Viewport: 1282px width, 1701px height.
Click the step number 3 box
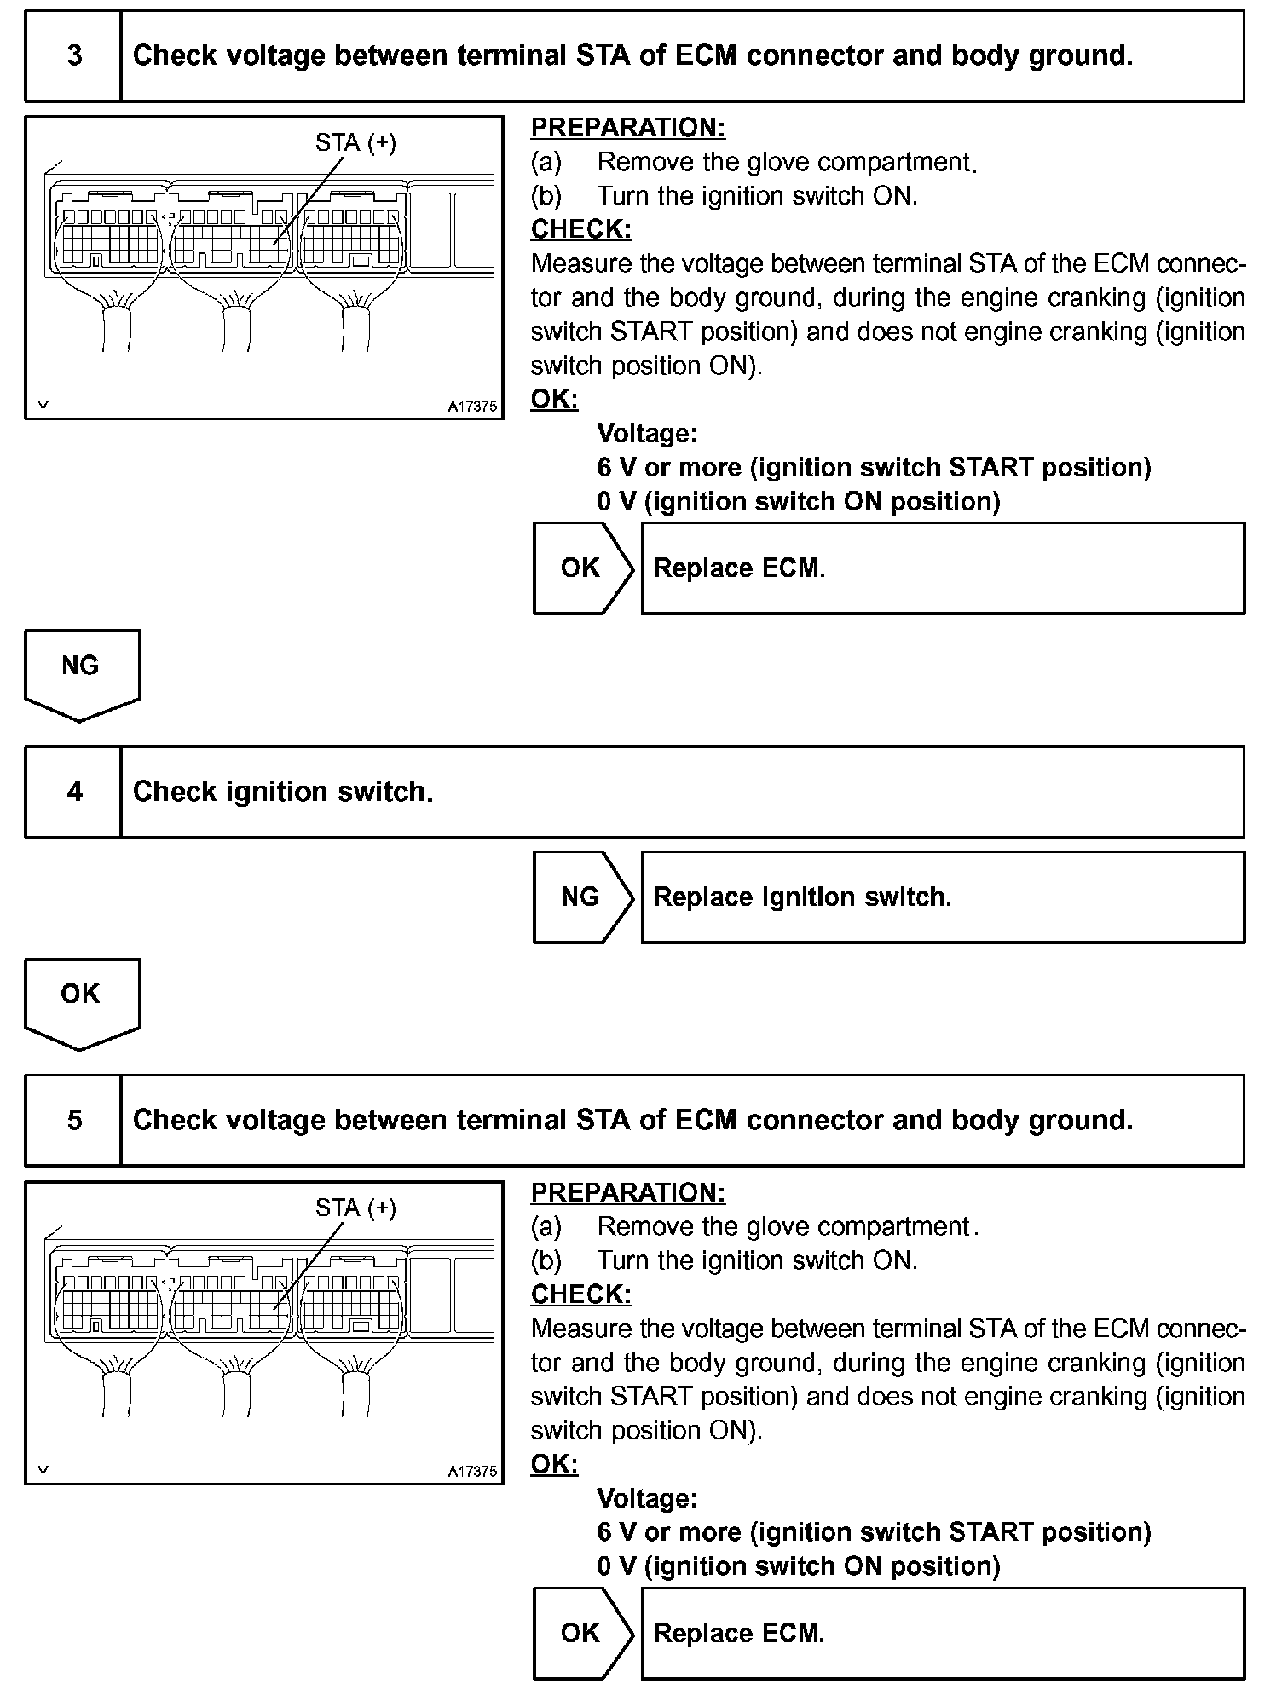coord(74,56)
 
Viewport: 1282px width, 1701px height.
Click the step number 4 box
coord(74,792)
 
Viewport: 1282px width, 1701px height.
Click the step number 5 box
coord(74,1120)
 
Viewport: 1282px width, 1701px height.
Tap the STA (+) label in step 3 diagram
coord(355,143)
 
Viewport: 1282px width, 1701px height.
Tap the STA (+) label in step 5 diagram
coord(355,1208)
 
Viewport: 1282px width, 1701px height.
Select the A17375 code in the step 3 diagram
coord(472,407)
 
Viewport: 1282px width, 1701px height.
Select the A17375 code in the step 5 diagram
coord(472,1471)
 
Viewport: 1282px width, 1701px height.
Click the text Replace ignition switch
coord(802,897)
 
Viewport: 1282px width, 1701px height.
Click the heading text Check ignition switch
coord(283,792)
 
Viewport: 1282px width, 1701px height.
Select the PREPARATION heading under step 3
coord(628,128)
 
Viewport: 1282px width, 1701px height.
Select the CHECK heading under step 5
coord(580,1294)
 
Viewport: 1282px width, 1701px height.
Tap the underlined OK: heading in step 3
coord(554,400)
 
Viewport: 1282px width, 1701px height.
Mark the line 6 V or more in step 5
coord(874,1532)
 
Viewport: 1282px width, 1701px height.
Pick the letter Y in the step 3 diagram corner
coord(43,407)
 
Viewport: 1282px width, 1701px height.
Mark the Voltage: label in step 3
coord(647,434)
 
